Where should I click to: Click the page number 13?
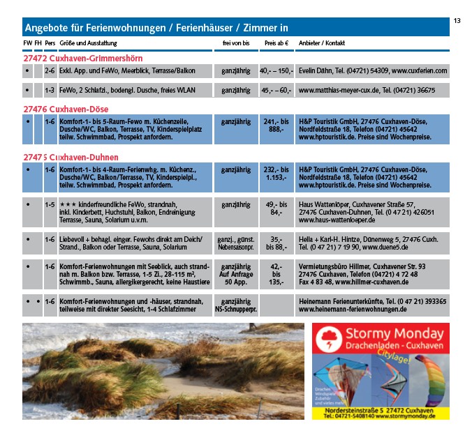click(x=457, y=21)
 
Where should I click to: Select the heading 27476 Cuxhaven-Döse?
click(x=66, y=109)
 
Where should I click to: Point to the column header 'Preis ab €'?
click(x=276, y=43)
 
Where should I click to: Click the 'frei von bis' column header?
click(x=235, y=43)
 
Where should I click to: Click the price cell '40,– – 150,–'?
click(x=276, y=71)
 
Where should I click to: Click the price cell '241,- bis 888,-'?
click(x=276, y=126)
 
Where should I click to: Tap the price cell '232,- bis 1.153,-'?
click(x=276, y=174)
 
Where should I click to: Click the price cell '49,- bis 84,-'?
click(x=276, y=208)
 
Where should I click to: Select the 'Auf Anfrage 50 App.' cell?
click(x=235, y=273)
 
